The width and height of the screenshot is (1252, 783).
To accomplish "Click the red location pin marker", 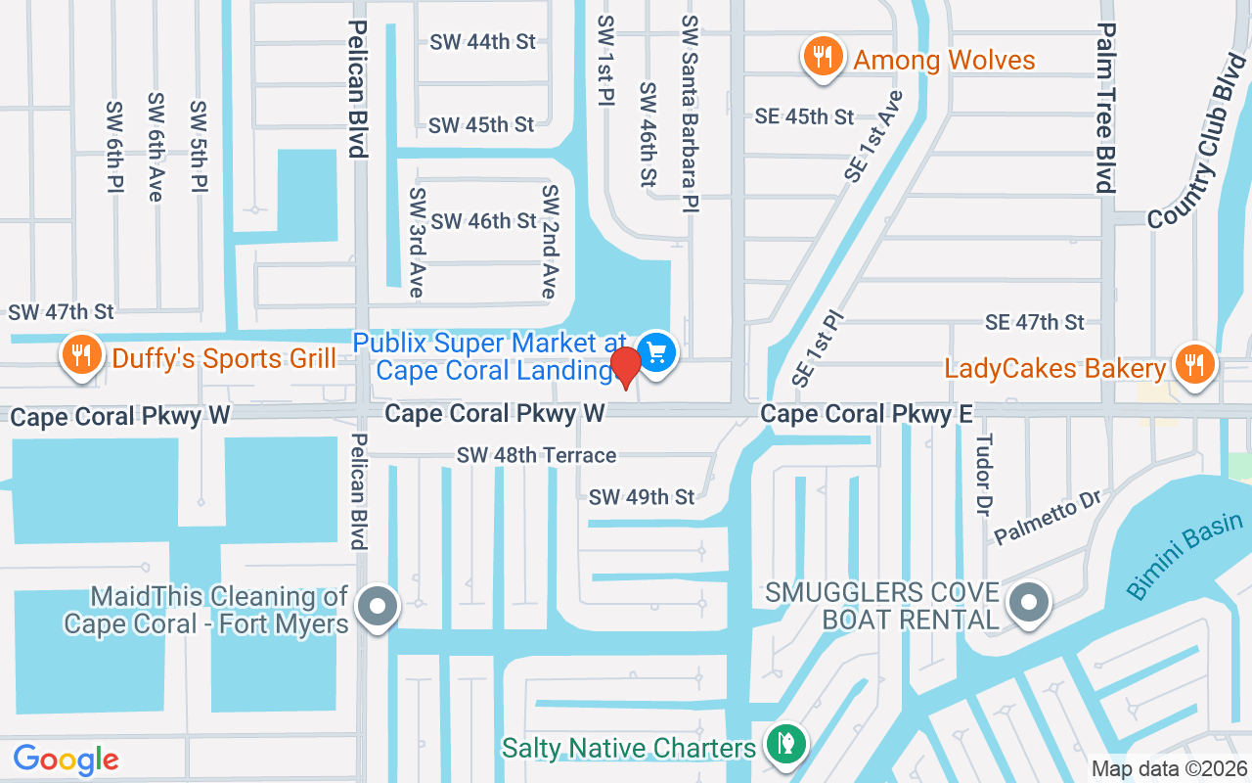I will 626,366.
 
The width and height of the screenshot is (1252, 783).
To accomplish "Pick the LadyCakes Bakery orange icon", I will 1193,364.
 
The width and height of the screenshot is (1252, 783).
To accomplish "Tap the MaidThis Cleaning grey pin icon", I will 378,606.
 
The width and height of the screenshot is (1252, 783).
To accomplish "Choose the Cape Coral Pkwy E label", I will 866,415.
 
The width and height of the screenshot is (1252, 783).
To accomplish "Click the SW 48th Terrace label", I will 536,455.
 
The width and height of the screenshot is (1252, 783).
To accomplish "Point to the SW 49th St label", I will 641,497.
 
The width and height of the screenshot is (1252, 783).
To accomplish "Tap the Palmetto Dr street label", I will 1048,520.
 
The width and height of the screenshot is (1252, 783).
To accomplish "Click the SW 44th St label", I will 482,42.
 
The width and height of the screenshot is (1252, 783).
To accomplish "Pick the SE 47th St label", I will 1035,322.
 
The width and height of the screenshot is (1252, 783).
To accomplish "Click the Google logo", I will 66,760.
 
